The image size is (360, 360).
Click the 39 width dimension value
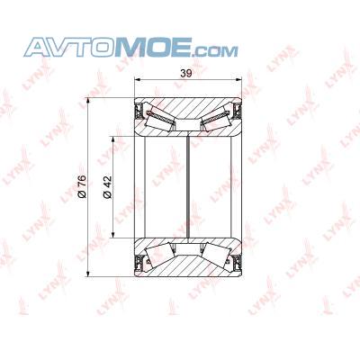click(x=186, y=74)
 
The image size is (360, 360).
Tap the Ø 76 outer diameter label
click(x=82, y=186)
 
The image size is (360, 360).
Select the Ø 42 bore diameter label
click(x=107, y=187)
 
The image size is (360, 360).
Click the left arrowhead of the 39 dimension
click(x=138, y=79)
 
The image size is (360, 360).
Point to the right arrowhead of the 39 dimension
click(x=238, y=79)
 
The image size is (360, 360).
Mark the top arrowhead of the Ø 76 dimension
click(x=88, y=101)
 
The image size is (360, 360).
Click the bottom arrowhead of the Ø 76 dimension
click(x=88, y=274)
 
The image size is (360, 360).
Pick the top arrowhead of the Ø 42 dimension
click(x=113, y=139)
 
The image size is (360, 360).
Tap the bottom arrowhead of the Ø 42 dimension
click(x=113, y=234)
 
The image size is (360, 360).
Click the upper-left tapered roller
click(x=160, y=119)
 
